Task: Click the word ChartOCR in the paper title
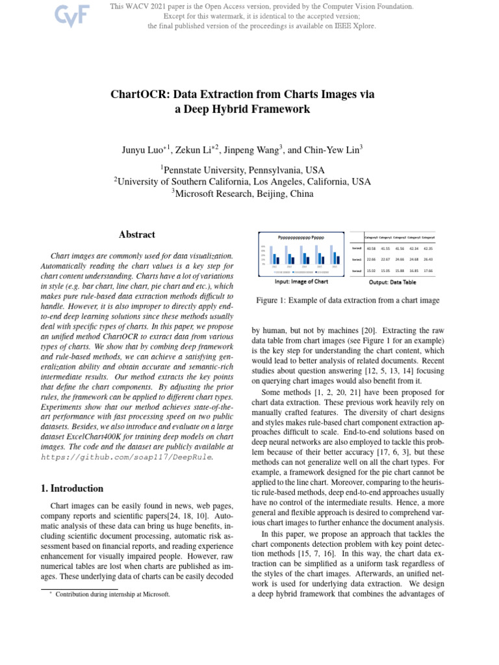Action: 140,94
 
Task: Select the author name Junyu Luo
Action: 144,150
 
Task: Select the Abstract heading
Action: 136,235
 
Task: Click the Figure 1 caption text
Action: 348,301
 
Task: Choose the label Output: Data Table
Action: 393,282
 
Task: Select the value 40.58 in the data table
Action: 371,249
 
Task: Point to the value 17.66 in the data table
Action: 428,271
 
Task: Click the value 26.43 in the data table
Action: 428,260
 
